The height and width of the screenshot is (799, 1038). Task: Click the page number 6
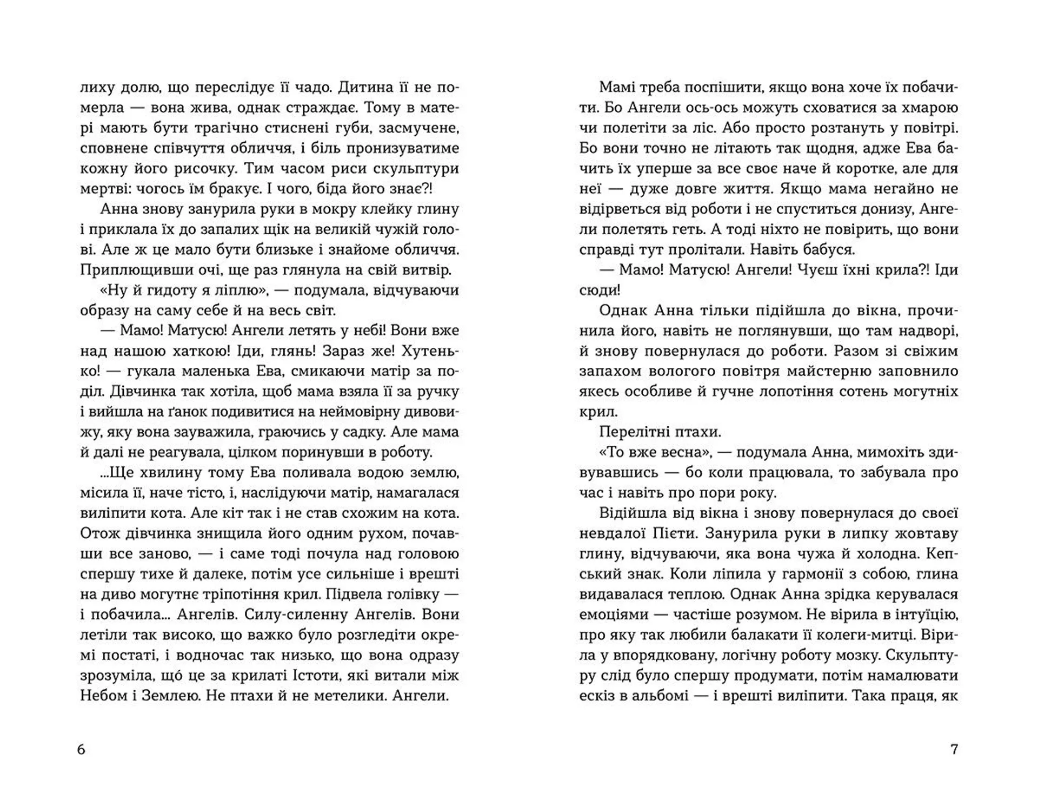point(82,750)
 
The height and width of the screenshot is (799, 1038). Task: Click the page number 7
point(954,750)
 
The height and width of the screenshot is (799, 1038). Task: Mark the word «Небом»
point(103,696)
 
